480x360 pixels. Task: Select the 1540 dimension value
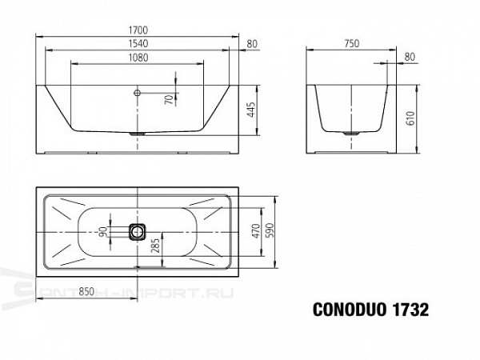tap(137, 45)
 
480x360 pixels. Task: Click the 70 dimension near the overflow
tap(168, 100)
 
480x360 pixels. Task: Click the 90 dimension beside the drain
tap(103, 232)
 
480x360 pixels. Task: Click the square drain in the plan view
tap(138, 232)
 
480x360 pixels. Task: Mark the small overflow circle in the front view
tap(138, 93)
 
